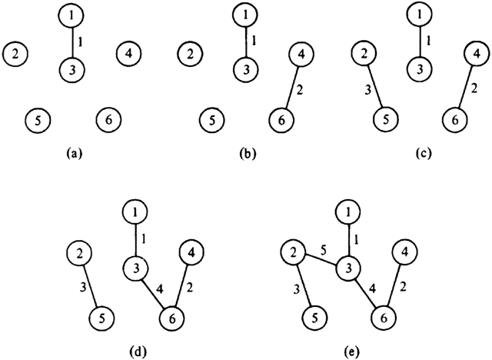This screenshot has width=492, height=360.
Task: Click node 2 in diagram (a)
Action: point(15,54)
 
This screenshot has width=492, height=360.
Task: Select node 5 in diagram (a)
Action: point(36,120)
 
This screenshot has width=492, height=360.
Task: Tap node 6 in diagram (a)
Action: point(108,120)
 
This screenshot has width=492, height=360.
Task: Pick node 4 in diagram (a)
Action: point(129,54)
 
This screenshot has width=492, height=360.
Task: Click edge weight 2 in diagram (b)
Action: point(301,90)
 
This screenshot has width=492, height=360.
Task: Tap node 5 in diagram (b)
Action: point(211,120)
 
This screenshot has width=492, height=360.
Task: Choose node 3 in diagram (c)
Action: point(420,68)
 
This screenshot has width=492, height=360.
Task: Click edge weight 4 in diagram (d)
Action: point(158,289)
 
